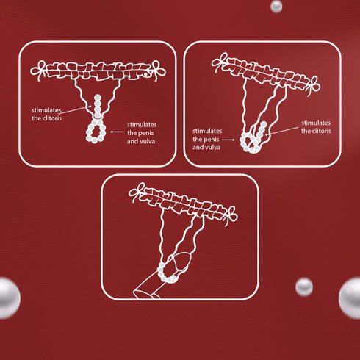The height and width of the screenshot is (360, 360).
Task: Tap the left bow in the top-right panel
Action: [220, 62]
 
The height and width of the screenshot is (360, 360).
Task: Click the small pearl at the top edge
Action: [276, 6]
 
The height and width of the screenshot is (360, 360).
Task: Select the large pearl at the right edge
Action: [351, 298]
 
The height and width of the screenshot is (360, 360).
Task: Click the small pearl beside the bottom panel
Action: [304, 287]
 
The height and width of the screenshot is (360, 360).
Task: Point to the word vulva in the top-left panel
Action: [147, 140]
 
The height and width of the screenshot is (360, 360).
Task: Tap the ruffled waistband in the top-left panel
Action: [97, 73]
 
